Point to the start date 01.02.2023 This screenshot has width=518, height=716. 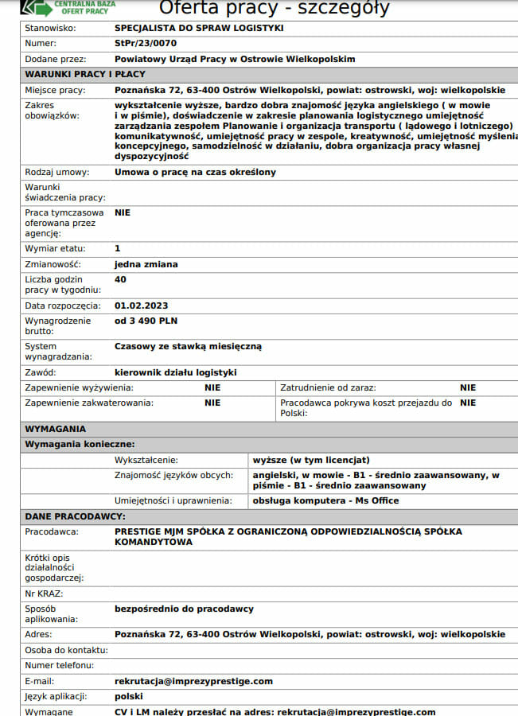click(x=142, y=305)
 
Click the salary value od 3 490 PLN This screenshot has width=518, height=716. click(x=146, y=321)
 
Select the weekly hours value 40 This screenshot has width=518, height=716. click(x=120, y=279)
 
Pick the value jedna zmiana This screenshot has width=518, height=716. click(x=146, y=264)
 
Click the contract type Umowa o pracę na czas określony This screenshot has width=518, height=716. click(x=196, y=172)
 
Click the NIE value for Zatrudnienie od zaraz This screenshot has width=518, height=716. click(x=468, y=387)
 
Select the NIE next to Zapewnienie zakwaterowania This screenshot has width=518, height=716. click(x=212, y=403)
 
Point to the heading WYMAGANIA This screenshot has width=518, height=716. click(x=56, y=429)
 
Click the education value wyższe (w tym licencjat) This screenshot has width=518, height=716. click(x=311, y=460)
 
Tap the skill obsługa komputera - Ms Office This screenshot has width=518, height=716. click(x=325, y=500)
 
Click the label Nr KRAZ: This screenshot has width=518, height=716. click(x=44, y=593)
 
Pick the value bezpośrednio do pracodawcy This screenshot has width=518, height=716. click(x=184, y=609)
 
